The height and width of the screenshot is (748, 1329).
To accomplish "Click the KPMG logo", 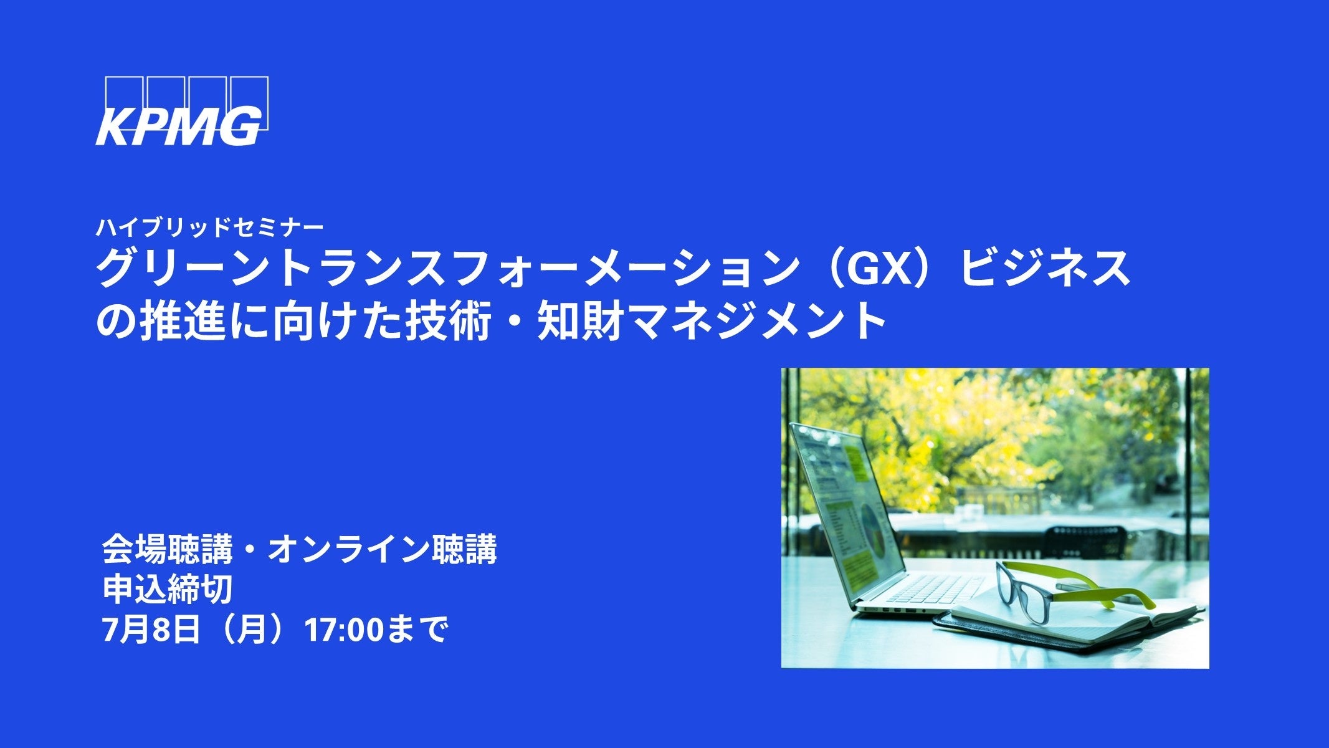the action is [x=182, y=111].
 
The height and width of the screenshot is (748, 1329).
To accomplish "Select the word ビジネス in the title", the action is [x=1044, y=268].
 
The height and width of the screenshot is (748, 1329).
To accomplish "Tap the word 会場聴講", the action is [x=168, y=549].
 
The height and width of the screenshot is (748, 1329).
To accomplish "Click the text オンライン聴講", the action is [x=382, y=549].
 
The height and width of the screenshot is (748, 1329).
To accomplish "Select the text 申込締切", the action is [x=168, y=589].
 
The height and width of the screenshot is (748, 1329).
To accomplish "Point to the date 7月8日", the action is [x=151, y=630].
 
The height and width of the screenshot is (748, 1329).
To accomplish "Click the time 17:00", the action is [x=342, y=630].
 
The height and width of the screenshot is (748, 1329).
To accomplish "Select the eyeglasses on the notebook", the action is [x=1072, y=589].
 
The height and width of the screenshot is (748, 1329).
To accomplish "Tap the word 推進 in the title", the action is [x=181, y=322].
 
